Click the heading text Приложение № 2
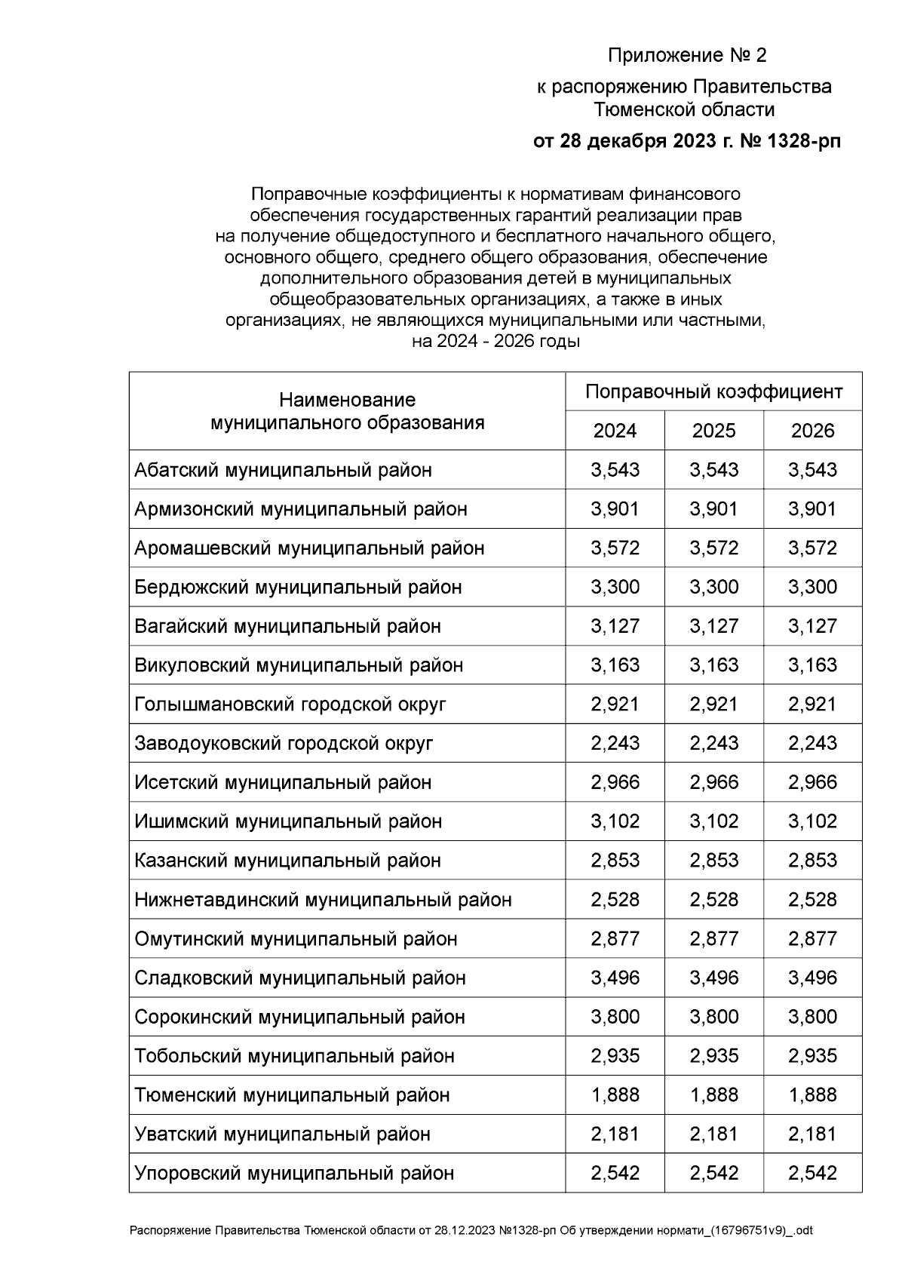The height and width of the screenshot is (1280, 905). coord(686,56)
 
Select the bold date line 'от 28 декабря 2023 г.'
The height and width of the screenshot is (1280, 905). coord(686,141)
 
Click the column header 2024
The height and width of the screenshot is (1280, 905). coord(615,431)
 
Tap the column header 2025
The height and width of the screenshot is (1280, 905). coord(713,431)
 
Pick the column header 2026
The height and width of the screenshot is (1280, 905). coord(812,431)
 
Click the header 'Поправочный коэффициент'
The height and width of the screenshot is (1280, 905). coord(713,392)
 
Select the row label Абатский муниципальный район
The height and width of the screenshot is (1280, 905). coord(283,470)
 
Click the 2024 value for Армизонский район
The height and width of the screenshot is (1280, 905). coord(615,509)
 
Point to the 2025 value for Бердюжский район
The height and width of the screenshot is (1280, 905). coord(713,587)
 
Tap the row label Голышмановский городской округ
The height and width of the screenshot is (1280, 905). coord(290,704)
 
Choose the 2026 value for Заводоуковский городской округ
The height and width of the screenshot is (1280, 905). coord(812,743)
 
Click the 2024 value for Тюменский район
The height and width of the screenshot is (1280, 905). coord(615,1094)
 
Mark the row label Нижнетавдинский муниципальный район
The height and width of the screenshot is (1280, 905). coord(323,900)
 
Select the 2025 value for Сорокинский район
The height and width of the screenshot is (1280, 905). coord(713,1017)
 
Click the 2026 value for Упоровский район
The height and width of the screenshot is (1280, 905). coord(812,1173)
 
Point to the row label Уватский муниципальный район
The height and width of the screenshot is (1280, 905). coord(282,1134)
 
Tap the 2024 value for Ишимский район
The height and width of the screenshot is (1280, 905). coord(615,821)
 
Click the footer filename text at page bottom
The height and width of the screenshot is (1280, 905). coord(471,1231)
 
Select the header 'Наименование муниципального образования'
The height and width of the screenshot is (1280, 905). coord(347,411)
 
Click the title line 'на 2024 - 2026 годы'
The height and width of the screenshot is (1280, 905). coord(495,341)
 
